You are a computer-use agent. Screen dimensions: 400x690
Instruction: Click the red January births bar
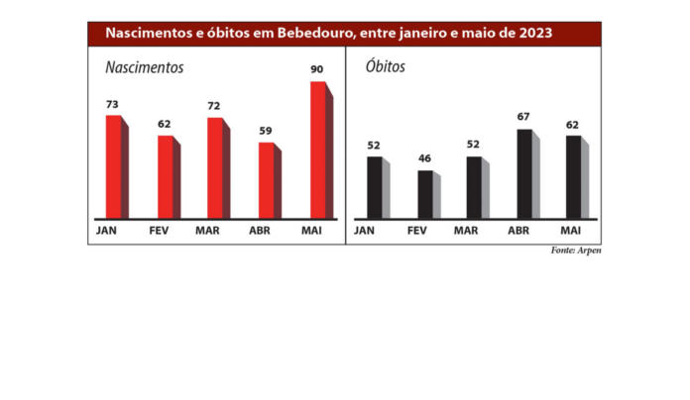pyautogui.click(x=113, y=166)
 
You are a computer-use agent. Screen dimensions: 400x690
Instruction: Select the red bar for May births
pyautogui.click(x=317, y=150)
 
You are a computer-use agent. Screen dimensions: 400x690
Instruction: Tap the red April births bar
pyautogui.click(x=266, y=179)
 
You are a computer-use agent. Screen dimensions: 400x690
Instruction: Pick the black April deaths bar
pyautogui.click(x=523, y=173)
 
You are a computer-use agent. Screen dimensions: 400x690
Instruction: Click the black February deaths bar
pyautogui.click(x=424, y=194)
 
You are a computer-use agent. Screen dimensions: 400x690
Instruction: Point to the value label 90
pyautogui.click(x=317, y=69)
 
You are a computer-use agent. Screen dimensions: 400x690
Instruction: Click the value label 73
pyautogui.click(x=113, y=104)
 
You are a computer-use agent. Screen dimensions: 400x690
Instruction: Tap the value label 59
pyautogui.click(x=266, y=131)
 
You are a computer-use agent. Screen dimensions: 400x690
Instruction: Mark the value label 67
pyautogui.click(x=523, y=117)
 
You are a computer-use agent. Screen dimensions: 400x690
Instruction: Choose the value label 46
pyautogui.click(x=424, y=158)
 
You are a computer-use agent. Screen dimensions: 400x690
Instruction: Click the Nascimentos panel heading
pyautogui.click(x=145, y=68)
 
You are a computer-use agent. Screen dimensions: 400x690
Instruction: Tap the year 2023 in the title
pyautogui.click(x=531, y=34)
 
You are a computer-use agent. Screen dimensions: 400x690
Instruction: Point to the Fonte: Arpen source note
pyautogui.click(x=575, y=250)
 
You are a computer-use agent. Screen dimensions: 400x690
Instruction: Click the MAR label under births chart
pyautogui.click(x=208, y=230)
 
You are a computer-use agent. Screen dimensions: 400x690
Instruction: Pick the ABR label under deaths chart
pyautogui.click(x=517, y=230)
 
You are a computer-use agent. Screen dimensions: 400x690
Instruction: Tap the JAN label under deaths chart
pyautogui.click(x=364, y=230)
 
